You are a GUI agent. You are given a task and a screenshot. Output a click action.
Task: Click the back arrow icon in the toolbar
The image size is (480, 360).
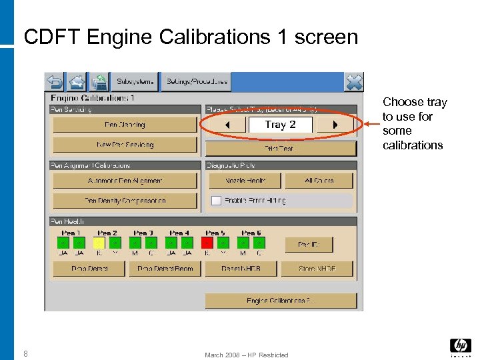pos(55,82)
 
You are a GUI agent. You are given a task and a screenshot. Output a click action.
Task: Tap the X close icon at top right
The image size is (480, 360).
pos(354,82)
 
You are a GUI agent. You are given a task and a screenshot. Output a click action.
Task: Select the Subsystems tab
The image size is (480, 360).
pos(135,82)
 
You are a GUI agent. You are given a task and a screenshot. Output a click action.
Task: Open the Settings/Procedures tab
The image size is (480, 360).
pos(197,82)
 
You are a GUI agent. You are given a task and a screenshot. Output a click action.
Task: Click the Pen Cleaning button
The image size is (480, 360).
pos(125,125)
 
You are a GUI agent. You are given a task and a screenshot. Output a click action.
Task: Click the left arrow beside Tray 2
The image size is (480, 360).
pos(226,125)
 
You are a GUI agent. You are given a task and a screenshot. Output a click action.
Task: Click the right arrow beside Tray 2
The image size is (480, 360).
pos(335,125)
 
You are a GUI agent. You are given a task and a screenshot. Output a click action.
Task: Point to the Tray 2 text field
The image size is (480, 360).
pos(280,125)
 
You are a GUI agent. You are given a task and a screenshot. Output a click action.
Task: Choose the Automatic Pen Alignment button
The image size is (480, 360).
pos(125,181)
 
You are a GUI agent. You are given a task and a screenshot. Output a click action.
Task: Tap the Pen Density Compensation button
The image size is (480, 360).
pos(125,200)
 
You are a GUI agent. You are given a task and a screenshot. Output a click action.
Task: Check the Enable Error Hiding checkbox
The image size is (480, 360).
pos(216,200)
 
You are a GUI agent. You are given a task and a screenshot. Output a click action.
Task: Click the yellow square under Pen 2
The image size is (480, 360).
pos(99,243)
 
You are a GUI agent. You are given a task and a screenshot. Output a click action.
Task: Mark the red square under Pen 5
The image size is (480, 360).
pos(207,243)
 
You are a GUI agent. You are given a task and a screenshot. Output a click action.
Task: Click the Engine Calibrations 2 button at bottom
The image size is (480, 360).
pos(281,301)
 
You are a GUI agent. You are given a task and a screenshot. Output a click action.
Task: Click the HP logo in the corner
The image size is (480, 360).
pos(460,345)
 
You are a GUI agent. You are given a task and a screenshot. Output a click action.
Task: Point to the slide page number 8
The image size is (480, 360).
pos(25,354)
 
